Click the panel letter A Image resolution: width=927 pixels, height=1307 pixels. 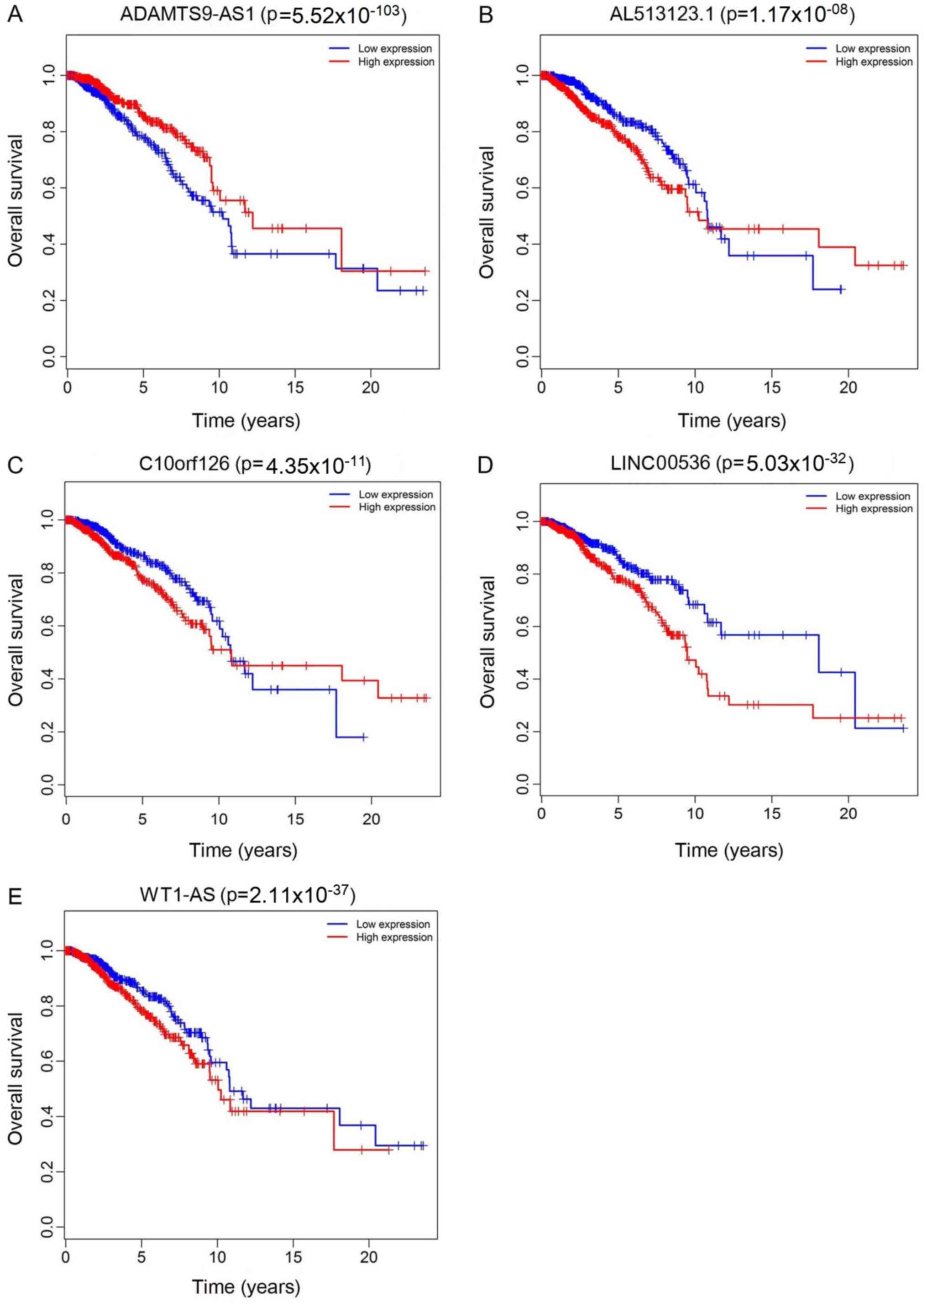coord(15,14)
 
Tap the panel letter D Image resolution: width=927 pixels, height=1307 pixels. coord(485,465)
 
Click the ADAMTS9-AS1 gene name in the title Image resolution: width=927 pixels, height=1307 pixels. coord(187,16)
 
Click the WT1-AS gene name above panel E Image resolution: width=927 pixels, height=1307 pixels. coord(178,894)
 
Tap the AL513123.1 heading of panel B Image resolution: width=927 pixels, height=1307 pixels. coord(661,16)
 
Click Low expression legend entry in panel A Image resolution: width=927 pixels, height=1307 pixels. coord(395,48)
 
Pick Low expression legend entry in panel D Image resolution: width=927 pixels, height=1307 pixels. coord(873,496)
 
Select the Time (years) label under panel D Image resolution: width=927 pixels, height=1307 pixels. coord(729,850)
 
